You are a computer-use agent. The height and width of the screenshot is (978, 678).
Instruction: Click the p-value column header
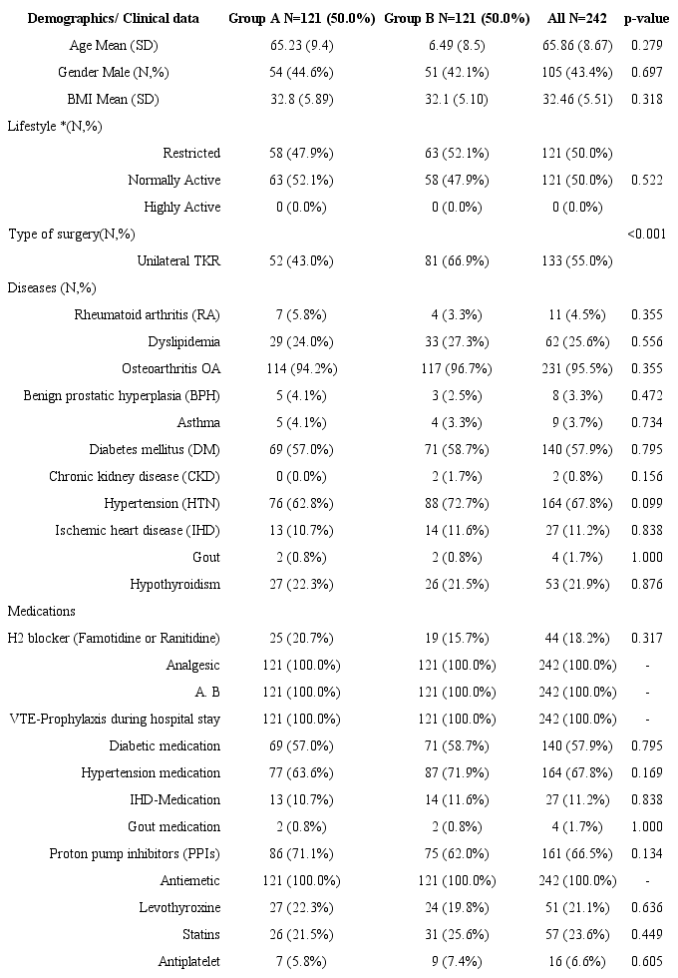pyautogui.click(x=649, y=18)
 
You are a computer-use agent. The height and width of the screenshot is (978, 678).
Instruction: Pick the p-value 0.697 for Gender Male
pyautogui.click(x=649, y=72)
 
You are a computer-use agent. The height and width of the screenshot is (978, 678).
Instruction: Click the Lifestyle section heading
pyautogui.click(x=55, y=126)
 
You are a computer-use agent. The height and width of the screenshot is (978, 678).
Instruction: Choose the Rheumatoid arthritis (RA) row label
pyautogui.click(x=148, y=314)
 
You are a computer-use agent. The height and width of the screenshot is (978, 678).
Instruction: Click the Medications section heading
pyautogui.click(x=43, y=611)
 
